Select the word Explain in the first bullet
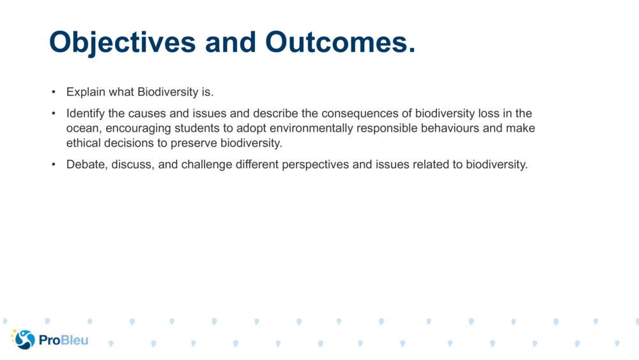[x=86, y=92]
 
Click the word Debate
[x=86, y=164]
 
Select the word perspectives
[x=309, y=164]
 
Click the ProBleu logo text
[x=63, y=340]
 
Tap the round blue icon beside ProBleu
[x=24, y=340]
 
